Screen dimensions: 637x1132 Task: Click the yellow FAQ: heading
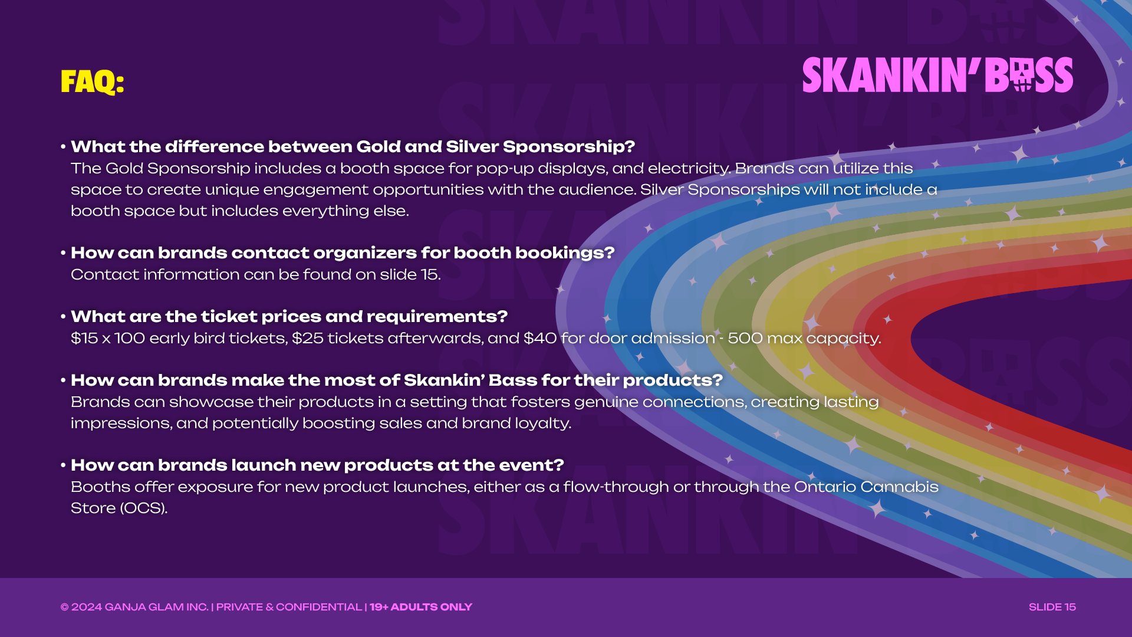click(x=92, y=81)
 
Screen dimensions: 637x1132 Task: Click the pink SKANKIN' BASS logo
click(x=937, y=75)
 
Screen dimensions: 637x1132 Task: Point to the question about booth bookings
click(x=343, y=253)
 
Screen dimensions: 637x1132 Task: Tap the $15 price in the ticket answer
click(x=84, y=339)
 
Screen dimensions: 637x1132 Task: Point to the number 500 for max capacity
click(x=745, y=339)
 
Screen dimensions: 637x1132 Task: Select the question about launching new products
click(x=317, y=465)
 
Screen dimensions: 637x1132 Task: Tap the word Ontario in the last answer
click(x=824, y=487)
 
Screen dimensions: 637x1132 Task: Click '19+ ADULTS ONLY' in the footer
click(x=421, y=607)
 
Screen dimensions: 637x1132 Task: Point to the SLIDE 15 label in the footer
click(x=1052, y=607)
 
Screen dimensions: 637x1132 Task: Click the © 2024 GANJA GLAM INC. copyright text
click(x=134, y=607)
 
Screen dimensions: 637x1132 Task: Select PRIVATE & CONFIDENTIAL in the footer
click(x=289, y=607)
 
